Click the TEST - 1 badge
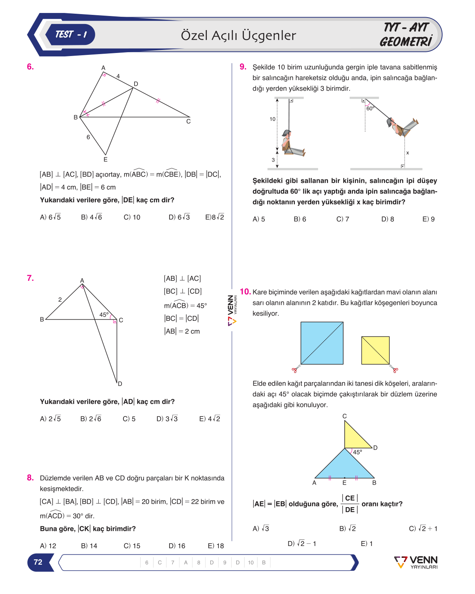(70, 35)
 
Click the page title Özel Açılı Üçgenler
(238, 35)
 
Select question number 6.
(30, 67)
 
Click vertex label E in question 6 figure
(106, 159)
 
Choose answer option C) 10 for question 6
(132, 217)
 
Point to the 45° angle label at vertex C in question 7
(104, 314)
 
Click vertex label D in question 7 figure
(120, 384)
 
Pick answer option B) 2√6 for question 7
(91, 419)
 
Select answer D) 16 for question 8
(177, 546)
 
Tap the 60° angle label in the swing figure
(370, 109)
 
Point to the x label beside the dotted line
(407, 153)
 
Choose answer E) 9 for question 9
(429, 219)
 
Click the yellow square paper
(375, 350)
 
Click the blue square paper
(322, 343)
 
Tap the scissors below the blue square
(296, 369)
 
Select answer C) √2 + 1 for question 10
(423, 528)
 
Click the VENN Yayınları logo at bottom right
(416, 562)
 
